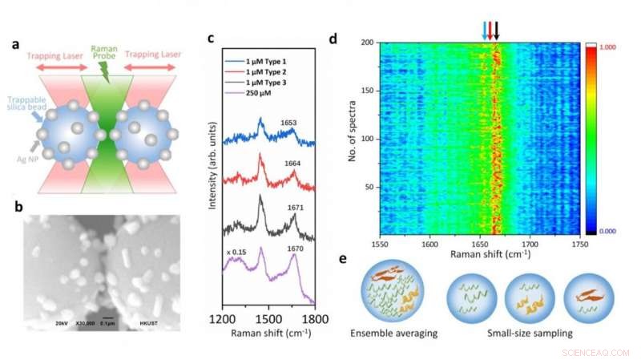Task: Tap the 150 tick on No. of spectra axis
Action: tap(368, 91)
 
